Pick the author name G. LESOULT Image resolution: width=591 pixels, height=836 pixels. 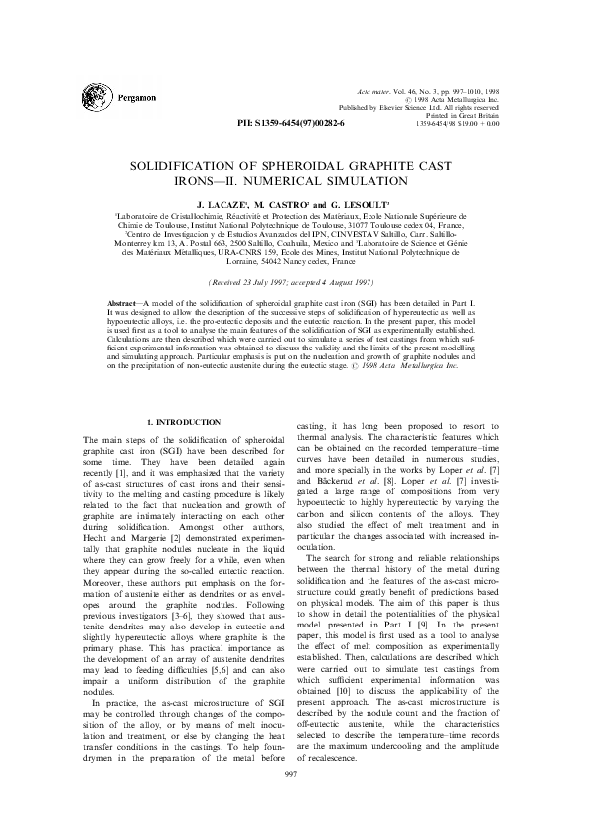359,202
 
